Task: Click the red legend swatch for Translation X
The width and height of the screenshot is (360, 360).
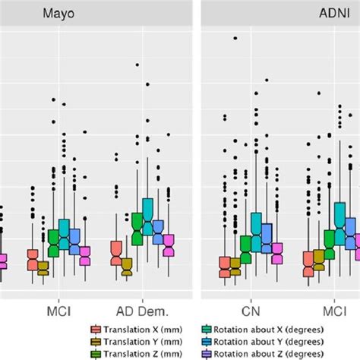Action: pos(96,330)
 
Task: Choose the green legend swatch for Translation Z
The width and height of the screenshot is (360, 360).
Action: pos(96,354)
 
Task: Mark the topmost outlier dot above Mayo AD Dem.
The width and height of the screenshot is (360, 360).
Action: pos(137,65)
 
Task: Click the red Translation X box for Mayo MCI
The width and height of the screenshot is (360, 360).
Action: pos(32,260)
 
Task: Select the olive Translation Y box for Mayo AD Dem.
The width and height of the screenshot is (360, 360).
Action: pos(126,265)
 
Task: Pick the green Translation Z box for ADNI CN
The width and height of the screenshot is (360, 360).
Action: pos(246,244)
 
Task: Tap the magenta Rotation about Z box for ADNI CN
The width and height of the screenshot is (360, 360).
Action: pos(277,253)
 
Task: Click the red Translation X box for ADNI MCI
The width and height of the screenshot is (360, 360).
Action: pos(308,264)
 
